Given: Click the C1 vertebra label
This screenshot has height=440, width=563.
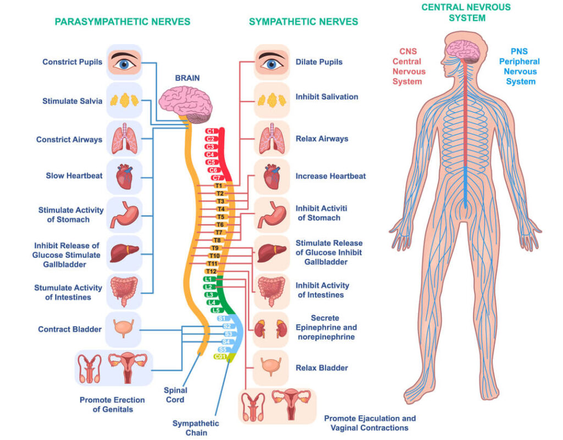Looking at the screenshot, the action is [x=211, y=131].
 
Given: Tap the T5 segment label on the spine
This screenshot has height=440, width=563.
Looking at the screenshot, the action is [x=220, y=217].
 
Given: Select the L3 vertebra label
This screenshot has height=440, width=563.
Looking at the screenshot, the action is [x=209, y=295].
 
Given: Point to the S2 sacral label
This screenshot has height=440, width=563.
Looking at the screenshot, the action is [x=227, y=327].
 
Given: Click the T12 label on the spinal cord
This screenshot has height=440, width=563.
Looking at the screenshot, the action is [x=211, y=271].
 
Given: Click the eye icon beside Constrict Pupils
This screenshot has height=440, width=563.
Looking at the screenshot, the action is [x=124, y=62].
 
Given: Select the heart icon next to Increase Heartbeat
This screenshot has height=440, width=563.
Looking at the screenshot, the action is [x=272, y=176].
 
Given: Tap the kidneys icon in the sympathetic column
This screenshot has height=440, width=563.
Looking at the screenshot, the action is [x=271, y=329].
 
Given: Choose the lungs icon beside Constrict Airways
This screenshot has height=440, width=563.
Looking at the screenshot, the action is [x=124, y=139].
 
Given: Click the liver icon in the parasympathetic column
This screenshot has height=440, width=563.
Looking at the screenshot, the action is [x=124, y=253].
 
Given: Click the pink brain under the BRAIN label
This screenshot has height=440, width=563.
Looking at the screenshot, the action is [x=186, y=104].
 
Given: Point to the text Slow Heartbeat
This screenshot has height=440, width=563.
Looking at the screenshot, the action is [x=74, y=176].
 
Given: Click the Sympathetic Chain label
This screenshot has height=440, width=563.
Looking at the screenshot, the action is [x=196, y=428].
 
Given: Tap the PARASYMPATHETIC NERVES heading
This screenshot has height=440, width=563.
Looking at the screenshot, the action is [x=123, y=21].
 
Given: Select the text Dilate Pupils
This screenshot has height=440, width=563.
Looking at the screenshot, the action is [x=319, y=62].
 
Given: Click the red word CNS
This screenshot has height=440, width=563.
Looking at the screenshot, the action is [x=408, y=51].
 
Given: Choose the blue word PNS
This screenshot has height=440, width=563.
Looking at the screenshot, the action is [x=519, y=51].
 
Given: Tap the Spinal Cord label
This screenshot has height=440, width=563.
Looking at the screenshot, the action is [x=175, y=395].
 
